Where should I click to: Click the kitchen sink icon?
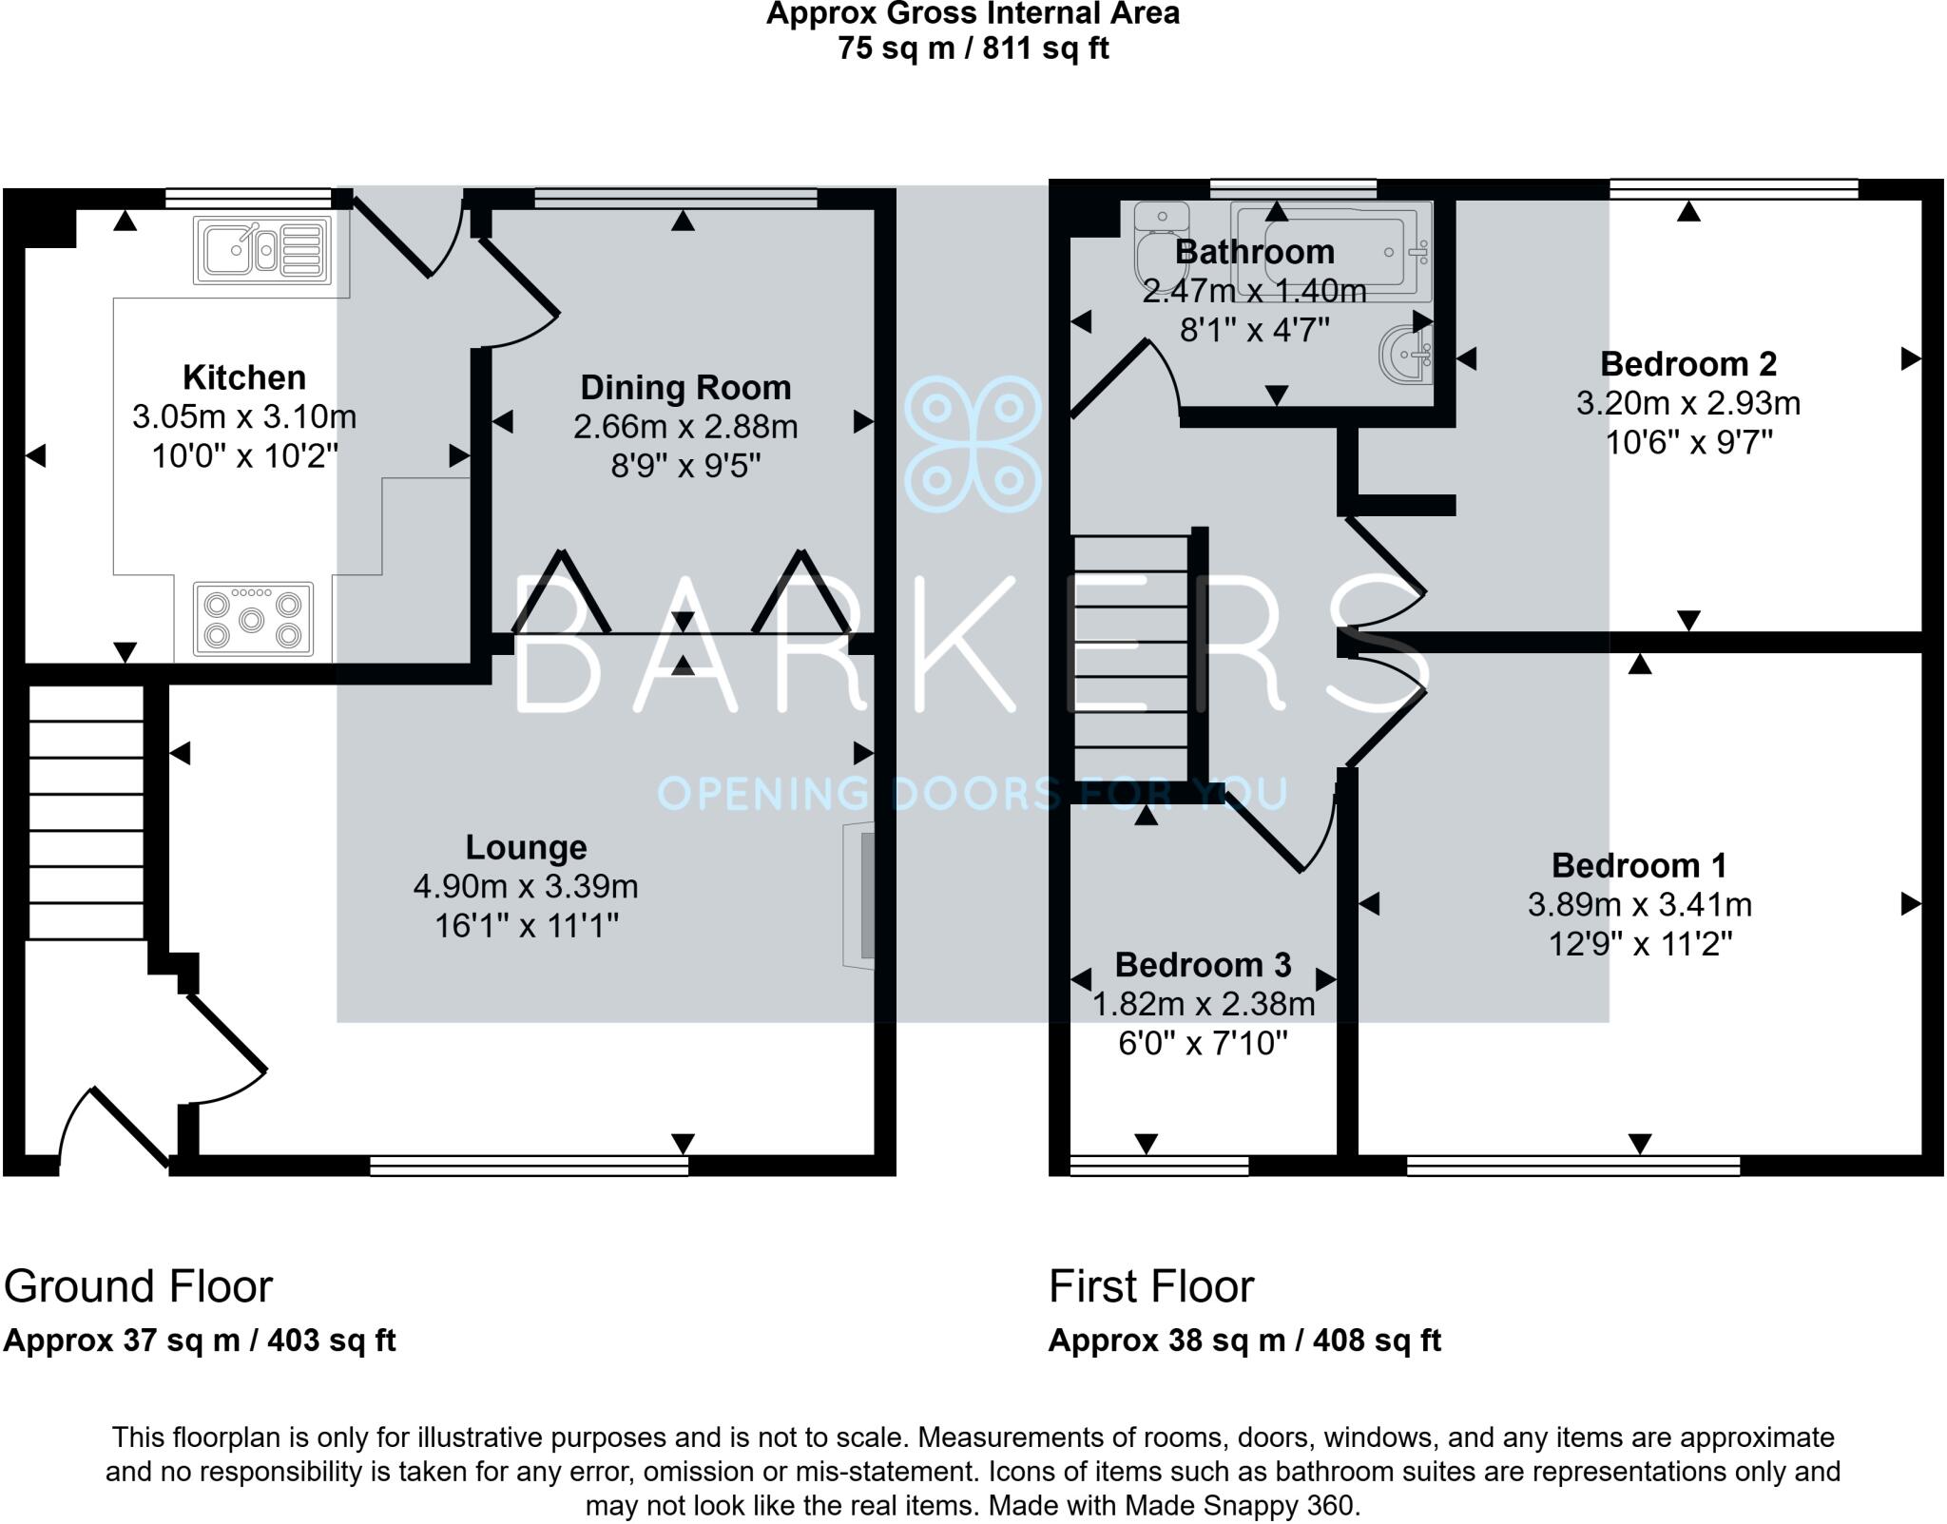click(262, 250)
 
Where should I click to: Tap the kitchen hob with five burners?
click(253, 619)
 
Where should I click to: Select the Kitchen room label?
click(244, 377)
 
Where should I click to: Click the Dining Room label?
click(685, 387)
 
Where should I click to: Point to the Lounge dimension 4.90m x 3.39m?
click(526, 886)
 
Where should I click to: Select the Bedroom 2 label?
click(1688, 363)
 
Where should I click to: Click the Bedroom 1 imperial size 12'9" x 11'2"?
click(1641, 944)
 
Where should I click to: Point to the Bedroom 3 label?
click(1204, 964)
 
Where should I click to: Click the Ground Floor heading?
click(138, 1287)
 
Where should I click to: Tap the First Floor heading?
click(1151, 1287)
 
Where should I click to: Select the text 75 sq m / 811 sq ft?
click(973, 48)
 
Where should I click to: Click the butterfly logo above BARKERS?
click(973, 444)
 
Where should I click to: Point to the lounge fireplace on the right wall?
click(858, 896)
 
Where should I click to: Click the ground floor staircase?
click(86, 814)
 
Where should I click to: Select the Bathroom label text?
click(1255, 252)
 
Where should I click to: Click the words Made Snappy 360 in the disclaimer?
click(1240, 1506)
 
